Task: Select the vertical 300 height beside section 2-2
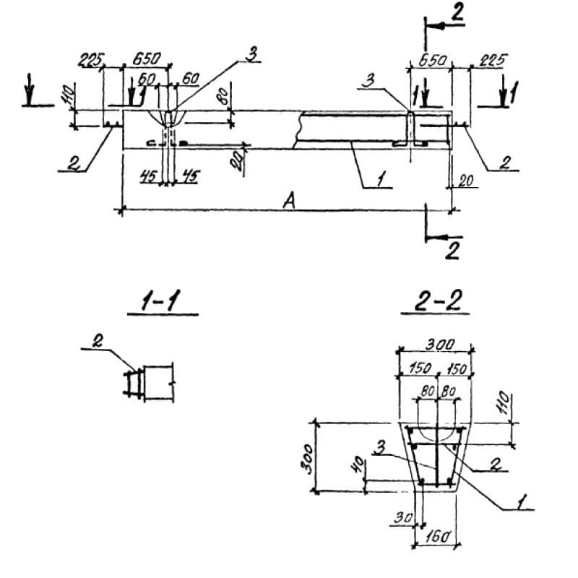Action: coord(308,456)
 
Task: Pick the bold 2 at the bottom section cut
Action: coord(454,251)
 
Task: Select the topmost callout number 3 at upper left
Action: coord(252,53)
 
